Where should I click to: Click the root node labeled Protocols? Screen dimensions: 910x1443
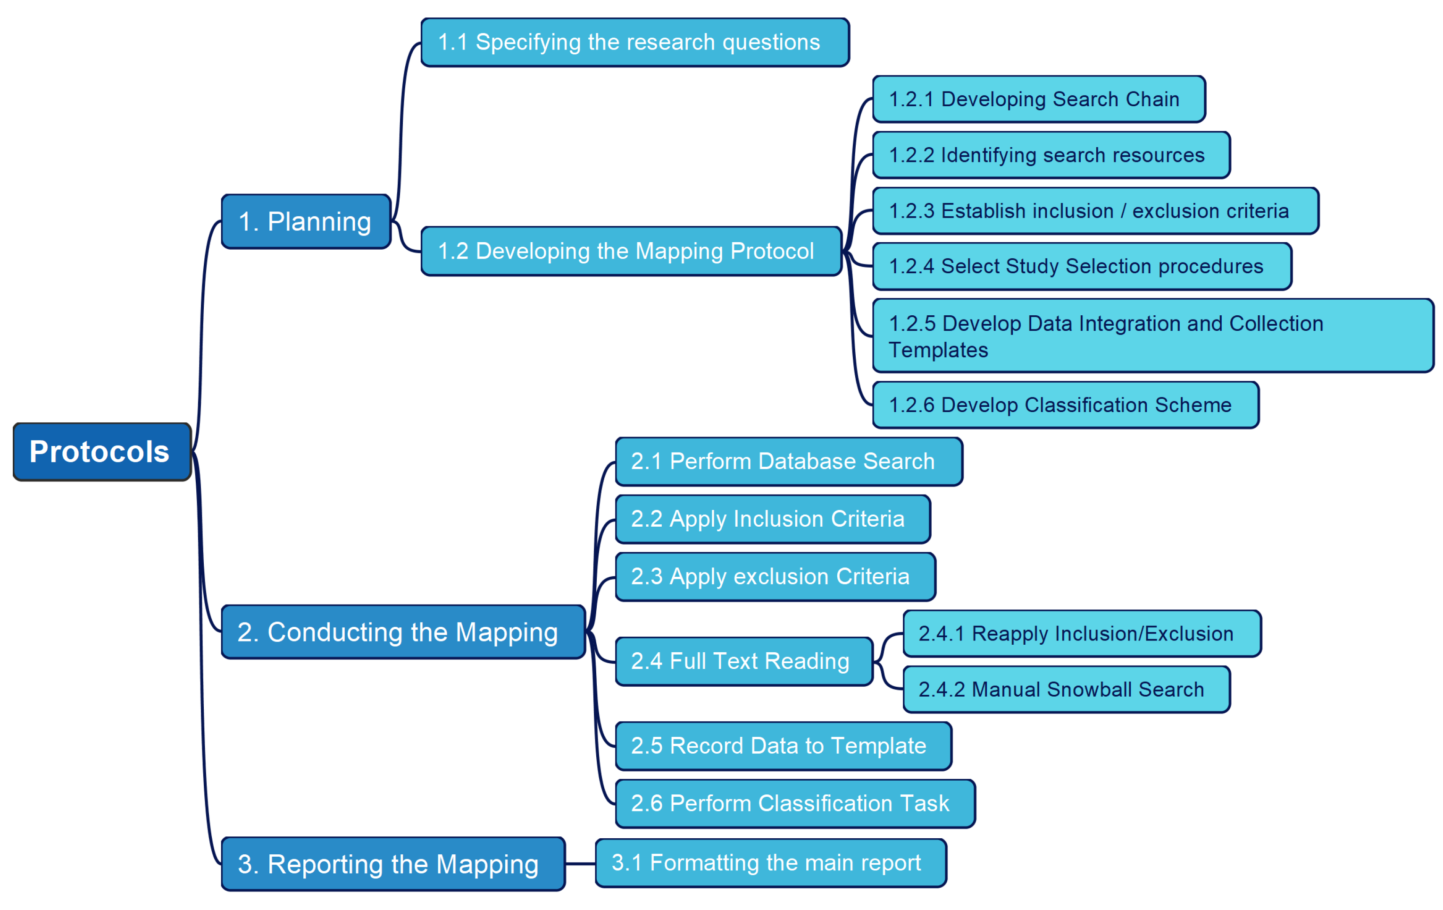coord(102,451)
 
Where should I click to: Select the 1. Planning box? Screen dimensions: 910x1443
coord(306,221)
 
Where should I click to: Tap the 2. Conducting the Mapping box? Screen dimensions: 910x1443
coord(403,632)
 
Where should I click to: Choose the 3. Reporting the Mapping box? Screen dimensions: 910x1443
coord(392,864)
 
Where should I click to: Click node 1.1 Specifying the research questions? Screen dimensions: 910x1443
coord(634,42)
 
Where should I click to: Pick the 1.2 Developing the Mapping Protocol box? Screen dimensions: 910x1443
coord(631,251)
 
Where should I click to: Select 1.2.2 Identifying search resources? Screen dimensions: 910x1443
coord(1051,155)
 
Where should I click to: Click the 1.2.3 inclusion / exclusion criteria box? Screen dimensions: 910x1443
coord(1095,211)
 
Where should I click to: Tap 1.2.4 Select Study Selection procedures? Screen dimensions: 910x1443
coord(1081,266)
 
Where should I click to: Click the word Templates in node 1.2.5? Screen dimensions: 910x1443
coord(938,350)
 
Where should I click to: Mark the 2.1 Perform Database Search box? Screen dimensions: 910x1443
coord(788,461)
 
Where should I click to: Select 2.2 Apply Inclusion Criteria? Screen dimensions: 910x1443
coord(772,519)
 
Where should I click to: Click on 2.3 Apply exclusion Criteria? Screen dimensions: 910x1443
coord(775,576)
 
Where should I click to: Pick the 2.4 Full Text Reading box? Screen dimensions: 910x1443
coord(744,661)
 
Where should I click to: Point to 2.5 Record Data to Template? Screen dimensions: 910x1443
coord(783,745)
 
